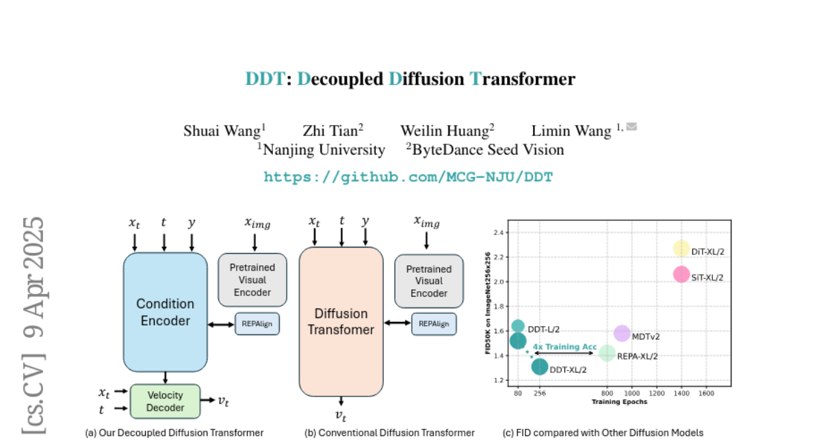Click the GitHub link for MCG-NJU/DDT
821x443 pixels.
pos(408,177)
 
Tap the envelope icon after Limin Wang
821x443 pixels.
pos(631,126)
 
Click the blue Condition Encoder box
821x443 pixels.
pos(165,312)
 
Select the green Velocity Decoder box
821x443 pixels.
pos(165,401)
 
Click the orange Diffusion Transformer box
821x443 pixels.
pos(341,321)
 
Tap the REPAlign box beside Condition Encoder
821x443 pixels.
pos(257,324)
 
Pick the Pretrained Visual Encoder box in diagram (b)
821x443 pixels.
pos(429,281)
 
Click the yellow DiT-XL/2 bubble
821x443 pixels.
pos(681,249)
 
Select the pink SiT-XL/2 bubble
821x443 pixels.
pos(681,274)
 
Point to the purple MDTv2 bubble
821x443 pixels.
pos(621,334)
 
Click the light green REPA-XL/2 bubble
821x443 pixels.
pos(607,353)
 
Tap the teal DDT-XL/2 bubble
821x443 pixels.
pos(540,366)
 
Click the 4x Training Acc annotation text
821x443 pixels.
pos(564,347)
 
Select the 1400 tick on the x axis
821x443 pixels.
pos(681,394)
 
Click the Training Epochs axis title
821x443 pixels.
pos(619,402)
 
